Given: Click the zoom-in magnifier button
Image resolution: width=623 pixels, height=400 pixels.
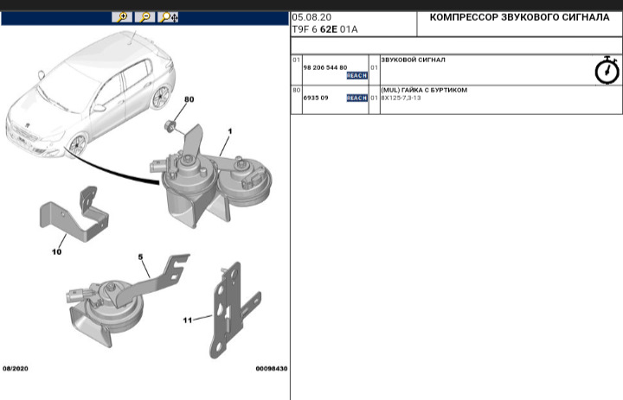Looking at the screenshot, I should click(122, 17).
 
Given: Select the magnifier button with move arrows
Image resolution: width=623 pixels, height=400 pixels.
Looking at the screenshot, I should click(169, 17).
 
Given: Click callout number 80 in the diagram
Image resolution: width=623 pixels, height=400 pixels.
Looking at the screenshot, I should click(189, 99).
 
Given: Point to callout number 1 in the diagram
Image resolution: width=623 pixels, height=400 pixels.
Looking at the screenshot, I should click(230, 130).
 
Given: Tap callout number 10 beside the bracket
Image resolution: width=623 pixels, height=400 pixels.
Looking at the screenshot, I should click(56, 252).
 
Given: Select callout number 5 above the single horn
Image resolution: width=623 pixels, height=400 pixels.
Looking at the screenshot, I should click(140, 257).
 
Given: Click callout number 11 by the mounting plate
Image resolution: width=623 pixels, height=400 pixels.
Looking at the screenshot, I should click(187, 320).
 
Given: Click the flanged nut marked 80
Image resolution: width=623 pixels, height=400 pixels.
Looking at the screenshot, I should click(171, 127).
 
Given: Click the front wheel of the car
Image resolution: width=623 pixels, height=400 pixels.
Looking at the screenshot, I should click(76, 144).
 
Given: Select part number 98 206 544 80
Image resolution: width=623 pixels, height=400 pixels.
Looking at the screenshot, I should click(324, 67).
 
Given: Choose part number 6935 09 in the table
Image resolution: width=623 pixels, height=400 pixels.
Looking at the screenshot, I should click(315, 98).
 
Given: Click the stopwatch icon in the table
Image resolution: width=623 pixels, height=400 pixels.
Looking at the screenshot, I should click(607, 71).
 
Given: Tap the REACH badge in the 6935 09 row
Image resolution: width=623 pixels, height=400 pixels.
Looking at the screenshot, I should click(356, 98).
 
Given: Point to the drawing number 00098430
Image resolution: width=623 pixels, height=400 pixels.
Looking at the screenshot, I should click(271, 369).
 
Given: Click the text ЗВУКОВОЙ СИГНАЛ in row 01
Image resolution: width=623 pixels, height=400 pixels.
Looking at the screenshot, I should click(413, 60).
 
